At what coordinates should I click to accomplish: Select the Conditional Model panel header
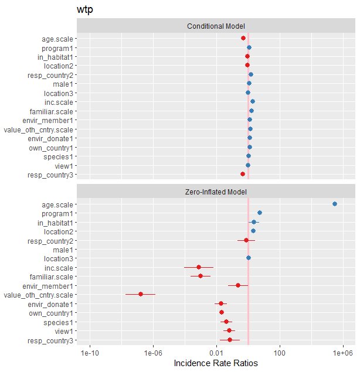point(216,26)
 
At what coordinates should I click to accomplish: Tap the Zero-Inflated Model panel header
point(216,192)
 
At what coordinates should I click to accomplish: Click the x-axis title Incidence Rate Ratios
point(216,363)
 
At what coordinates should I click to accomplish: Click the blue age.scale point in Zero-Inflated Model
point(335,204)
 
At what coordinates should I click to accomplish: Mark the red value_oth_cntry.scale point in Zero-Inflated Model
point(141,294)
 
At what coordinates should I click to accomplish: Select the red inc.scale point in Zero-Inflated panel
point(199,267)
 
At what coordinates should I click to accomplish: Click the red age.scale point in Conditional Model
point(243,39)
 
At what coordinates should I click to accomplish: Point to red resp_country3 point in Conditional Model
point(243,174)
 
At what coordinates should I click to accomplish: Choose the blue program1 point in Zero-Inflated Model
point(260,213)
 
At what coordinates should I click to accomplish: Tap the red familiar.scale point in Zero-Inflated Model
point(201,276)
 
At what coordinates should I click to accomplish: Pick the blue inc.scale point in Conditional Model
point(253,102)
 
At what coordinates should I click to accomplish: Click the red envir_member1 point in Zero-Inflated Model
point(238,285)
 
